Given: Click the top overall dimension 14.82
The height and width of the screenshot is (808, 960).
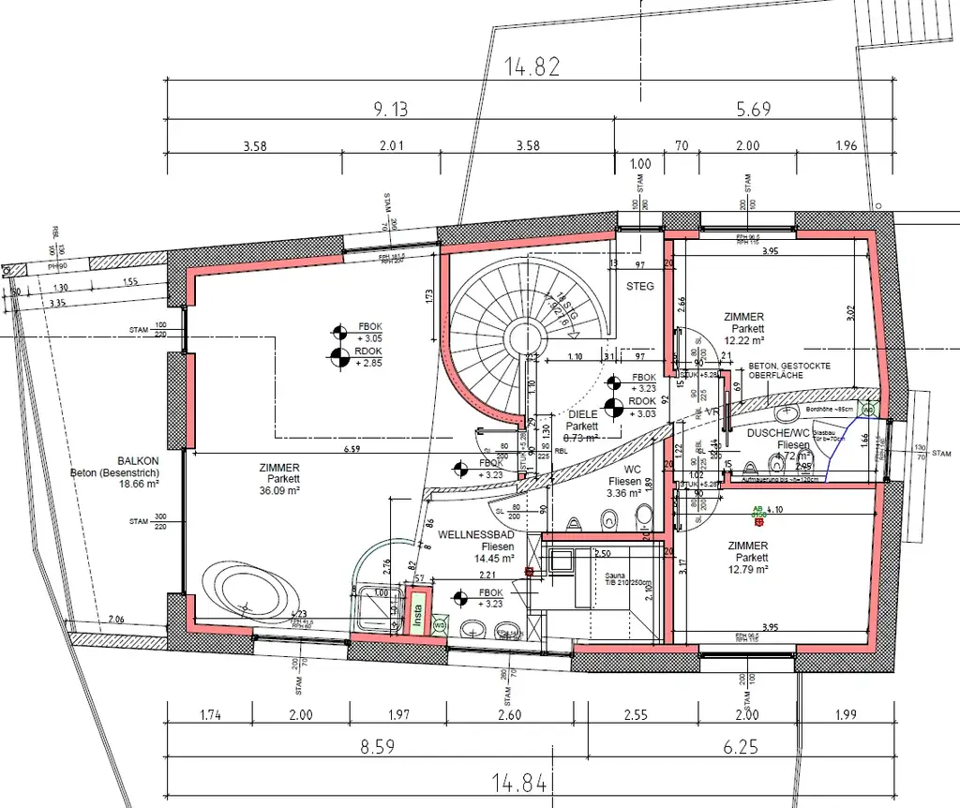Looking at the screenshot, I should (x=532, y=67).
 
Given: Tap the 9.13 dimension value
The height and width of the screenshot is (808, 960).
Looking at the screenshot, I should (x=390, y=110).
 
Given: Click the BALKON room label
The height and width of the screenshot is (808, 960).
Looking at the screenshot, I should (x=138, y=461).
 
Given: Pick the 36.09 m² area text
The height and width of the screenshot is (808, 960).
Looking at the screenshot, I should (x=280, y=490).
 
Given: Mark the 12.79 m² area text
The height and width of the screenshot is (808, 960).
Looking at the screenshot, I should (x=747, y=569).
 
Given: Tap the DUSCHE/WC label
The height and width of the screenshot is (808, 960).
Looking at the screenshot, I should (x=777, y=433).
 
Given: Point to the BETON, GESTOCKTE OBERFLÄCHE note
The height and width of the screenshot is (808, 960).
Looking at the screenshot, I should (x=788, y=371).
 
